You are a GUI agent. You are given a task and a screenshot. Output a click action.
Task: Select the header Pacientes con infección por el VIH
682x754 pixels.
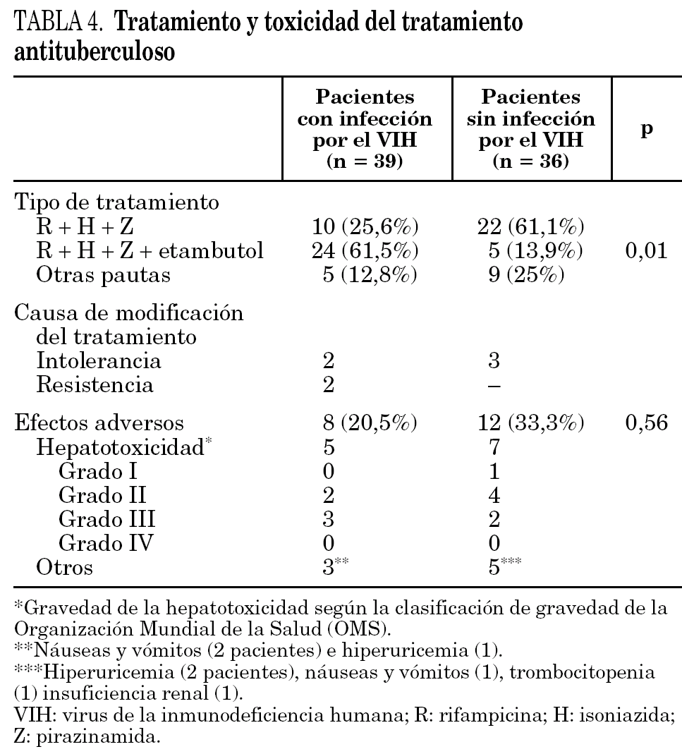(x=364, y=130)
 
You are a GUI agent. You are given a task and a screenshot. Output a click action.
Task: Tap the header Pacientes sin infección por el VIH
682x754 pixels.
(x=530, y=130)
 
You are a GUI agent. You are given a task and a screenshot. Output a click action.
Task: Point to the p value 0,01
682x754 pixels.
(x=647, y=251)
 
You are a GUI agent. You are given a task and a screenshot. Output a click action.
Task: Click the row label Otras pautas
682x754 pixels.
(x=104, y=274)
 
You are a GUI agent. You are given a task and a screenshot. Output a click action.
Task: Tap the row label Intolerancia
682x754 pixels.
(x=99, y=362)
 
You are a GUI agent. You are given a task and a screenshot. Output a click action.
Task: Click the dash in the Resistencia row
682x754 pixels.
(x=494, y=386)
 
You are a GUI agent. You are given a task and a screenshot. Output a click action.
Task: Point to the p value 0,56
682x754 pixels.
(x=647, y=423)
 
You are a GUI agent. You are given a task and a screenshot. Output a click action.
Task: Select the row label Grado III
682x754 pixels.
(x=106, y=519)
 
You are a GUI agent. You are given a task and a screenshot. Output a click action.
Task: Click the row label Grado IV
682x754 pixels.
(x=107, y=543)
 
